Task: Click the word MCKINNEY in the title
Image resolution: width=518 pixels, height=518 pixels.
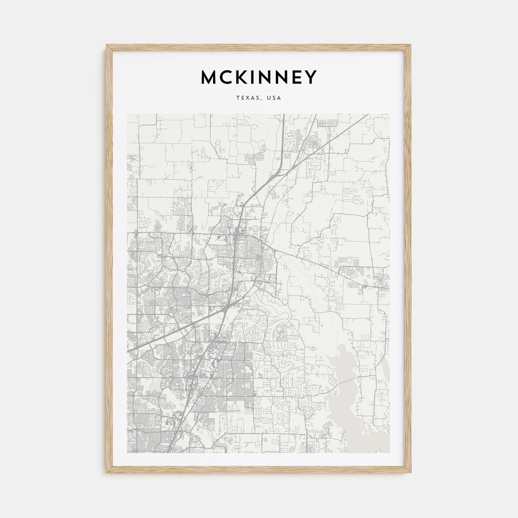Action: point(259,77)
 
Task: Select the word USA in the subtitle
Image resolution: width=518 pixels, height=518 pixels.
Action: point(274,98)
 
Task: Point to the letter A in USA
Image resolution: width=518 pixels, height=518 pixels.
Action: point(279,98)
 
